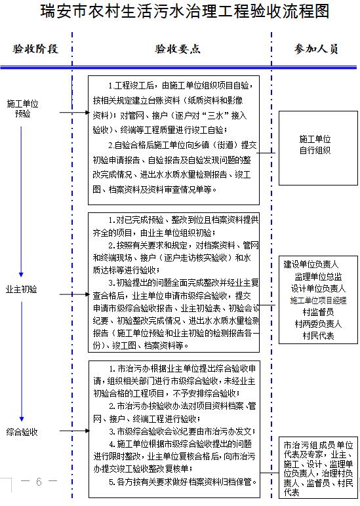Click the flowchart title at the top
[x=185, y=11]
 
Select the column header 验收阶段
[x=35, y=49]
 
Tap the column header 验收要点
[x=178, y=49]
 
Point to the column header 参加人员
[x=316, y=49]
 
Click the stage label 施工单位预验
[x=22, y=108]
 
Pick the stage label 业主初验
[x=21, y=289]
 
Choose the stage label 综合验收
[x=22, y=432]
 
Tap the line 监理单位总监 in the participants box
[x=318, y=277]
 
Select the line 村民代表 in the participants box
[x=318, y=336]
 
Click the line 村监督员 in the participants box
[x=318, y=312]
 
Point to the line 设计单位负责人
[x=318, y=288]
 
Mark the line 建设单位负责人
[x=311, y=265]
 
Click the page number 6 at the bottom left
[x=39, y=482]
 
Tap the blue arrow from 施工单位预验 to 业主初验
[x=21, y=201]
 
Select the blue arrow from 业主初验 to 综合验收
[x=21, y=361]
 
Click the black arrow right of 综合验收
[x=75, y=431]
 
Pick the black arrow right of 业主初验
[x=75, y=294]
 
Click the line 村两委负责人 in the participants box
[x=318, y=324]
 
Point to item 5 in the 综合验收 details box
[x=183, y=482]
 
